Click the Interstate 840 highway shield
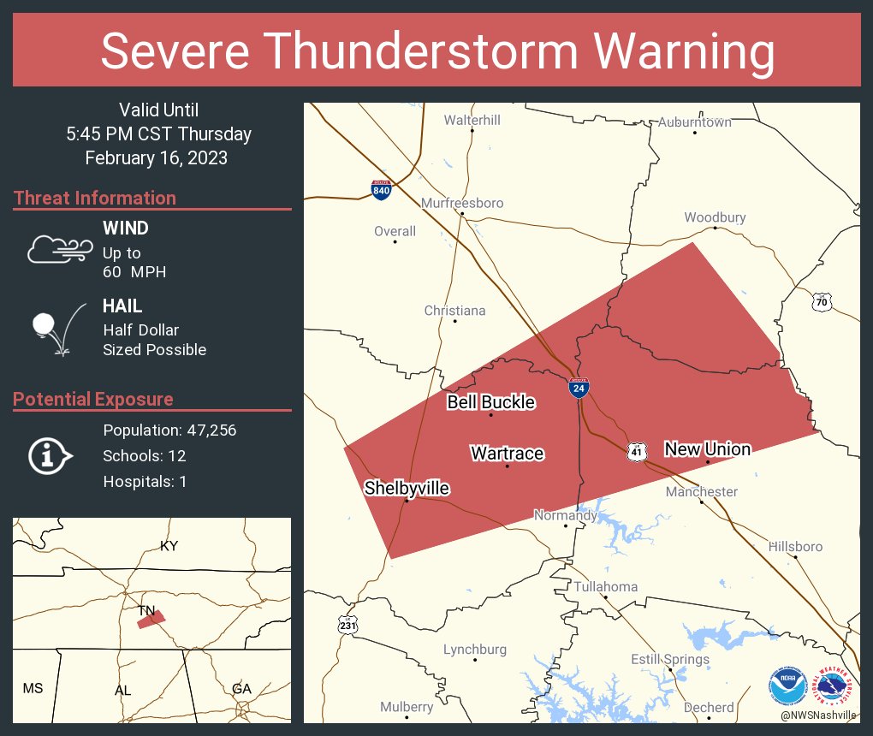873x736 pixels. tap(382, 189)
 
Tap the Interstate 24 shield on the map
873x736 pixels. tap(579, 388)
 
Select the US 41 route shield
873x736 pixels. tap(636, 451)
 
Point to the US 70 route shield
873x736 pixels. tap(822, 301)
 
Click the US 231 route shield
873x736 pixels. tap(347, 625)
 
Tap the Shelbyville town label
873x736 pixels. tap(407, 488)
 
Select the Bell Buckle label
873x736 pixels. tap(490, 402)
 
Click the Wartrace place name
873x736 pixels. tap(507, 453)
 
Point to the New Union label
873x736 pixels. tap(707, 448)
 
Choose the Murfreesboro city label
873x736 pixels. tap(462, 203)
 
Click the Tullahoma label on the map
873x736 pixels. tap(605, 586)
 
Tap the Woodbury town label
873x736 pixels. tap(715, 217)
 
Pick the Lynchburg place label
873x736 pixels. tap(475, 650)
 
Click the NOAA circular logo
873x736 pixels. tap(787, 687)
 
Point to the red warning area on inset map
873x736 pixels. tap(151, 620)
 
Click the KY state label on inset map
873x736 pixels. tap(169, 545)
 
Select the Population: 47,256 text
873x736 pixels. tap(169, 430)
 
